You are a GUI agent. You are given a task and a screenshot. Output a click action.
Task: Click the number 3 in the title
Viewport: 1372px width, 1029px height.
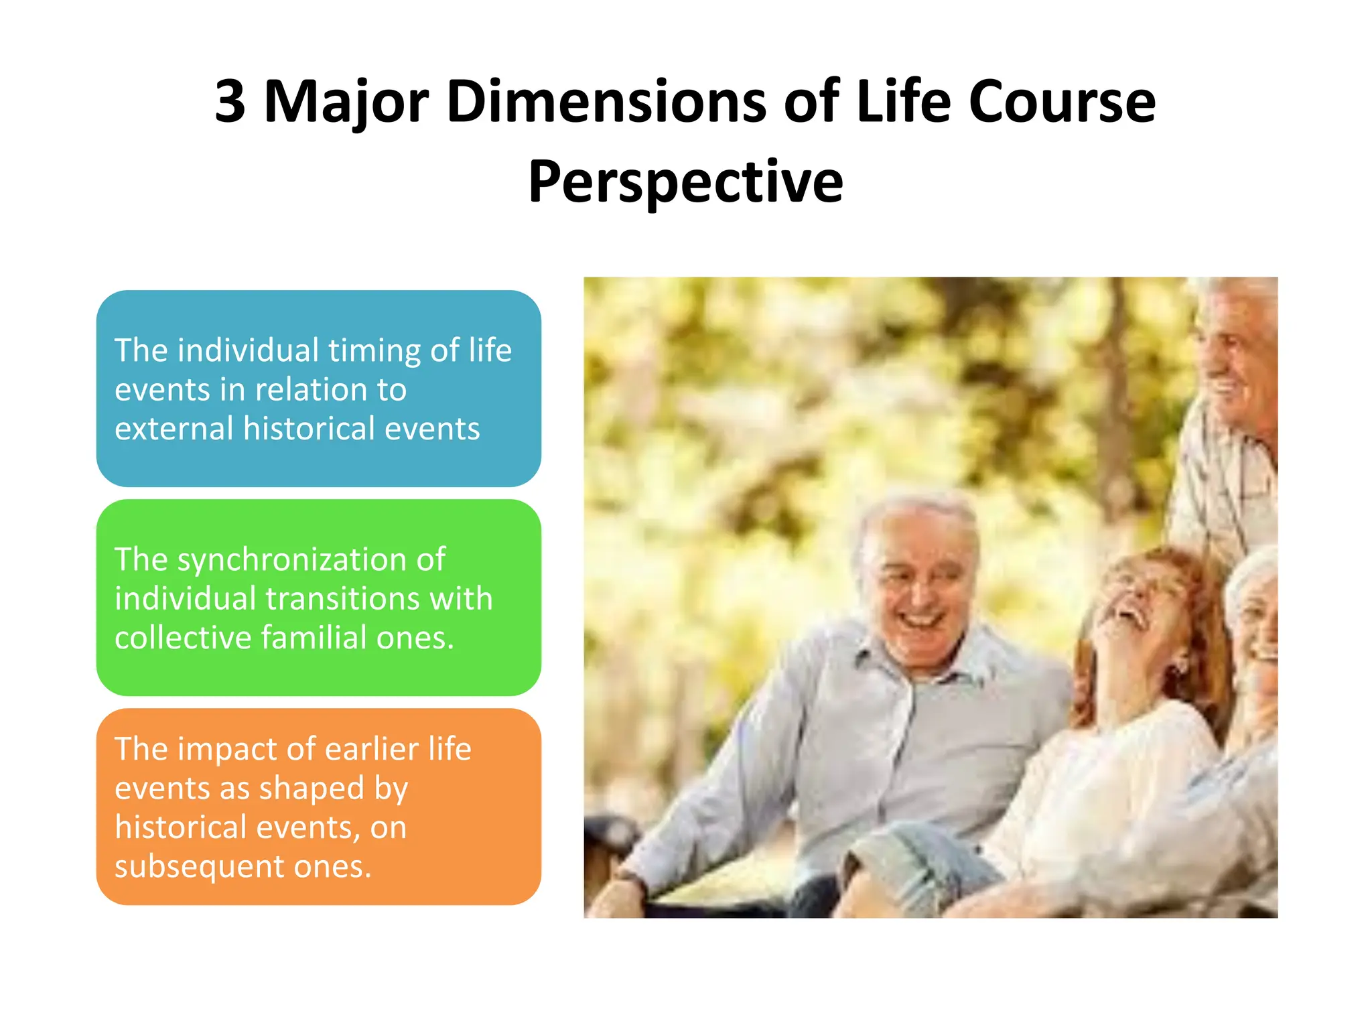tap(230, 102)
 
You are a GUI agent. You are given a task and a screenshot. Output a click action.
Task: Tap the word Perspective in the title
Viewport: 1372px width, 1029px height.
tap(685, 182)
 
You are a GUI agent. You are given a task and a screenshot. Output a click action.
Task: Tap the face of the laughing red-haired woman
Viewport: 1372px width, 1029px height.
tap(1139, 606)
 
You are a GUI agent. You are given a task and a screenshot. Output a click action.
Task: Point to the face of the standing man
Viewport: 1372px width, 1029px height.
tap(1236, 355)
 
